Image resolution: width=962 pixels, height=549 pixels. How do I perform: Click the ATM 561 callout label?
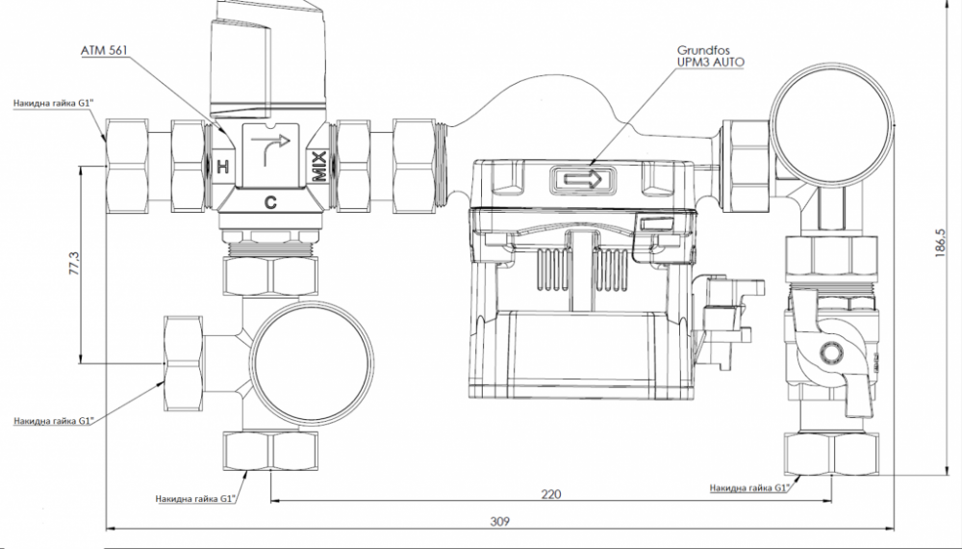104,50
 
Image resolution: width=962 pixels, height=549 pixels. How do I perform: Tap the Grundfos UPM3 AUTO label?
711,56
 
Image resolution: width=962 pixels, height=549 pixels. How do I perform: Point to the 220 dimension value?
551,494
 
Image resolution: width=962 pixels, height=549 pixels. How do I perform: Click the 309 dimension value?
500,521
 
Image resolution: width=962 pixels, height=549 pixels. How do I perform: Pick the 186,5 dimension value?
942,244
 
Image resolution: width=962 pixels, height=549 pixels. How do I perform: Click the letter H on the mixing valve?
223,166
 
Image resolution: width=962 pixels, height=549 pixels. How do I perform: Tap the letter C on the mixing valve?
270,201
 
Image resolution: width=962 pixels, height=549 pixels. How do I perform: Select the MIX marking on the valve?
319,167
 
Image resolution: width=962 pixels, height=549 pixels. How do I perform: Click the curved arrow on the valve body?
270,147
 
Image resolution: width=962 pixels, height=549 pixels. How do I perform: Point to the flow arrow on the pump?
583,180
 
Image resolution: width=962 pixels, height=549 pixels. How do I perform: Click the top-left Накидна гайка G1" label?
53,103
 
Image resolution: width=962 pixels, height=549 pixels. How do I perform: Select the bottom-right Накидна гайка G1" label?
749,488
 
